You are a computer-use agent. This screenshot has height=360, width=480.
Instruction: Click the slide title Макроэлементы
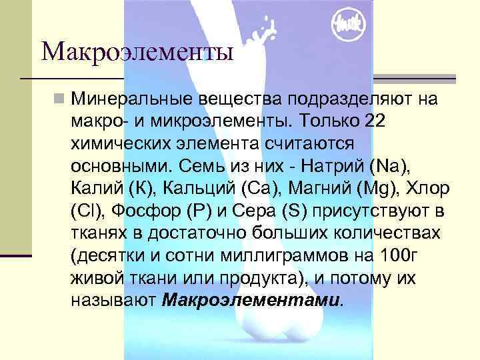137,51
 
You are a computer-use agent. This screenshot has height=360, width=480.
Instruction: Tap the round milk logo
348,25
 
